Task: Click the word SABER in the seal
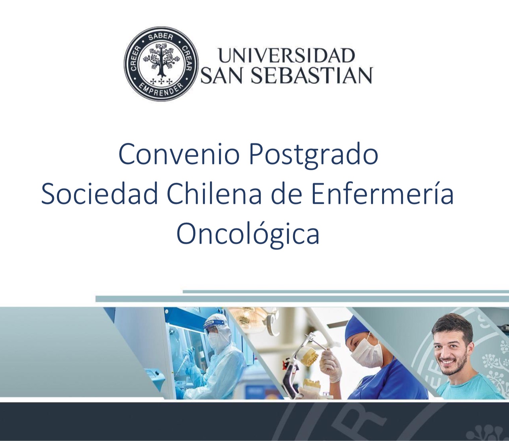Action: coord(160,37)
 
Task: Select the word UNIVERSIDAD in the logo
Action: coord(286,56)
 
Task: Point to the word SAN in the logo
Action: coord(223,75)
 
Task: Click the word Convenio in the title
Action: coord(179,155)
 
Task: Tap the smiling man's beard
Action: coord(451,365)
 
